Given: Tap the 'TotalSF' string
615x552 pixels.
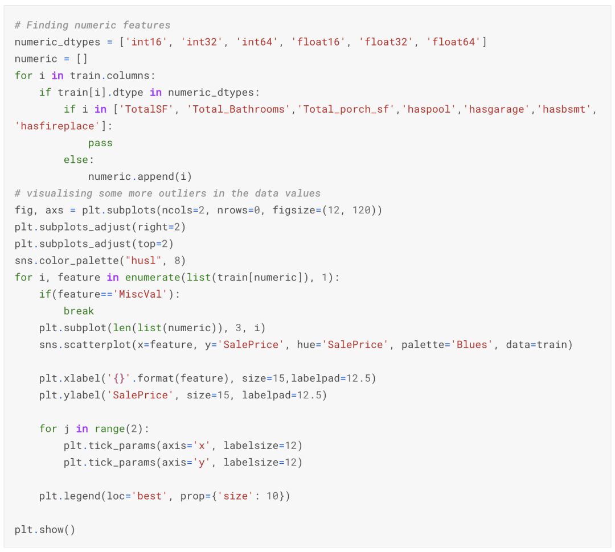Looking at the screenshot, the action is pos(147,109).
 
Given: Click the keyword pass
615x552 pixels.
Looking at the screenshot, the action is pos(100,143).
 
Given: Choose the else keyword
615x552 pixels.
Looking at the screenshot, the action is pos(76,160).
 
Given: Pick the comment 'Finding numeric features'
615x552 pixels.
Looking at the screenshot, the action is pos(92,25).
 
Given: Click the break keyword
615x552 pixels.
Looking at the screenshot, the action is pos(79,311).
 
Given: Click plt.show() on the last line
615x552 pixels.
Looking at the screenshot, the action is pos(45,530).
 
